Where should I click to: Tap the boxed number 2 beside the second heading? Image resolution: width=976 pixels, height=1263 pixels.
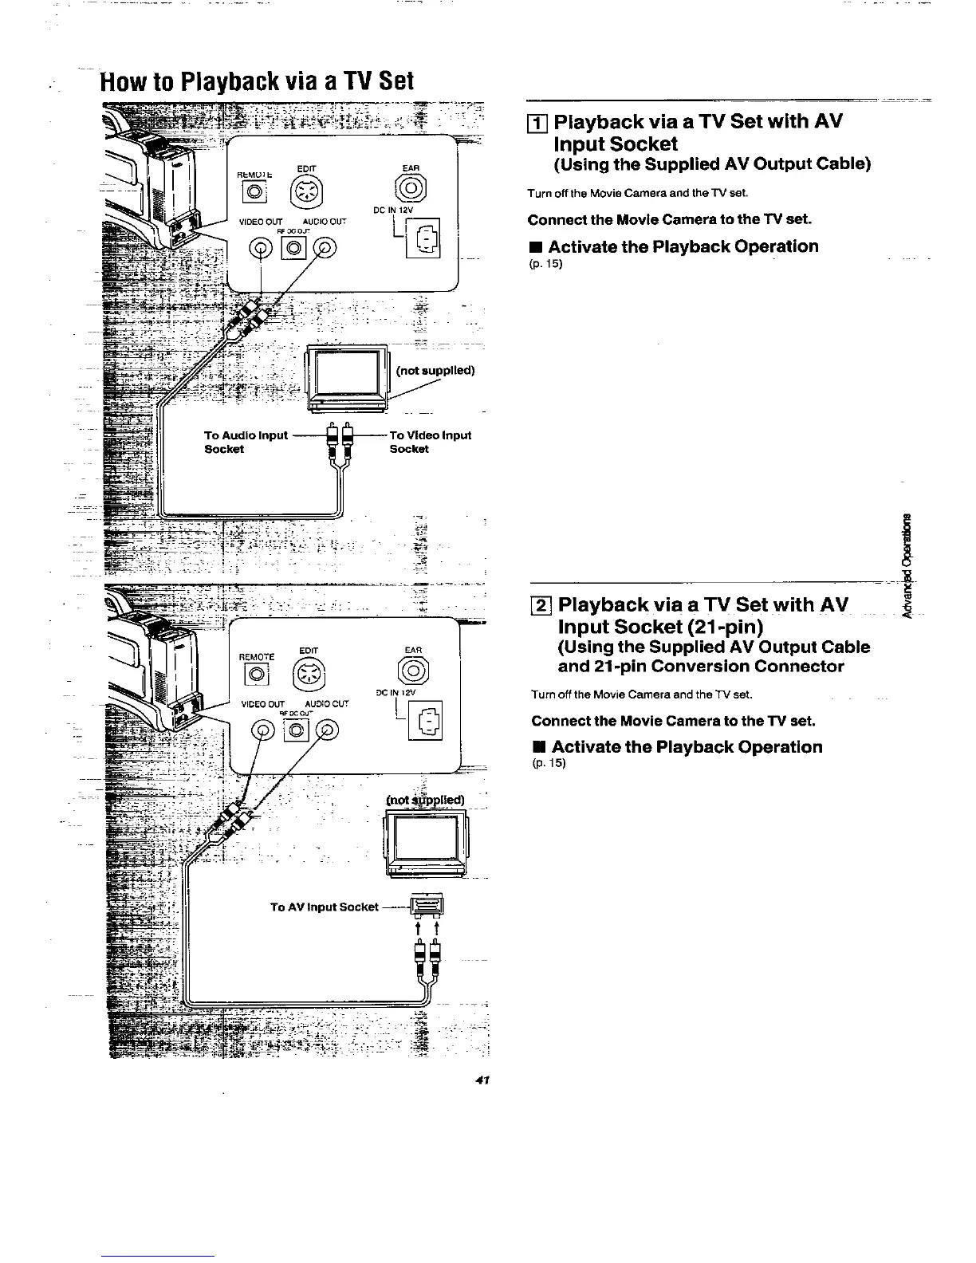click(x=541, y=604)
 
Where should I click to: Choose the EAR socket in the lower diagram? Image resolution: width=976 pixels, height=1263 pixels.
click(x=412, y=673)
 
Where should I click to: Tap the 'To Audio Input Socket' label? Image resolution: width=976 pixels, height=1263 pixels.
click(x=245, y=442)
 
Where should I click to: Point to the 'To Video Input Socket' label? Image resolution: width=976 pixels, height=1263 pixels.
click(x=429, y=442)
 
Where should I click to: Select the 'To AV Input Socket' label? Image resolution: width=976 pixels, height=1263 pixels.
click(x=324, y=907)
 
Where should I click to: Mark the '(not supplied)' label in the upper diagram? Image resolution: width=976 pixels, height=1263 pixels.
click(x=435, y=370)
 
